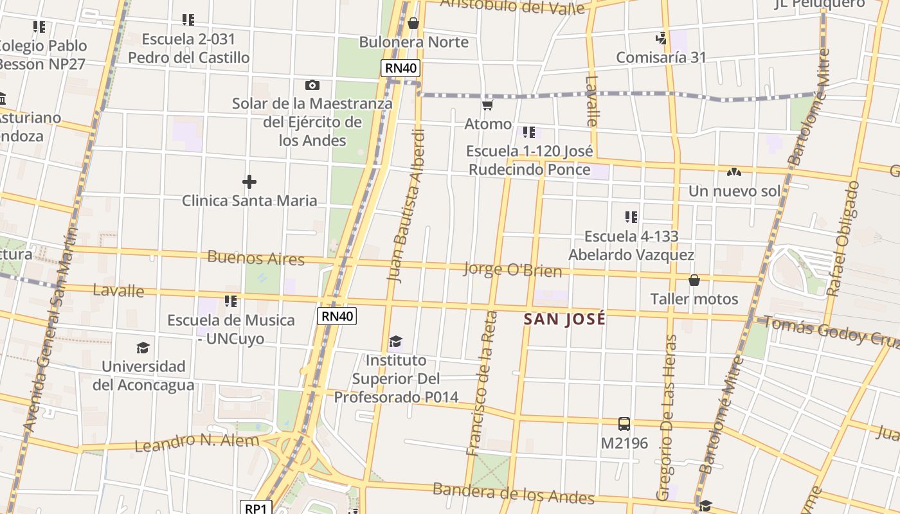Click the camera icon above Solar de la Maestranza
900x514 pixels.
[312, 85]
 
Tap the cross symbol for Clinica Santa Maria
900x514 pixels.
[249, 182]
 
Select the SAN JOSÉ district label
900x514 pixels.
[564, 319]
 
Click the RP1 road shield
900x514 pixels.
[256, 508]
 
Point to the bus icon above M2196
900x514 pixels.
[624, 424]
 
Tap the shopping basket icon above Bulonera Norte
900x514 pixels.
[413, 24]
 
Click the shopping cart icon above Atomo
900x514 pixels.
[488, 105]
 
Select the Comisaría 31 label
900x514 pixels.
[661, 57]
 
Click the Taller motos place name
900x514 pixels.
[694, 299]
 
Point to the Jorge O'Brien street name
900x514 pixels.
[512, 269]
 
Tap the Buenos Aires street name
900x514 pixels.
[256, 258]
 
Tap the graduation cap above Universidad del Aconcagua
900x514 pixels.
[143, 348]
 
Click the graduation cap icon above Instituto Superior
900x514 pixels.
[395, 341]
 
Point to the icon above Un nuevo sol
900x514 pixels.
[733, 172]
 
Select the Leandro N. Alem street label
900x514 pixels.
[197, 442]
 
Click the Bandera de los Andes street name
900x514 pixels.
[513, 493]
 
